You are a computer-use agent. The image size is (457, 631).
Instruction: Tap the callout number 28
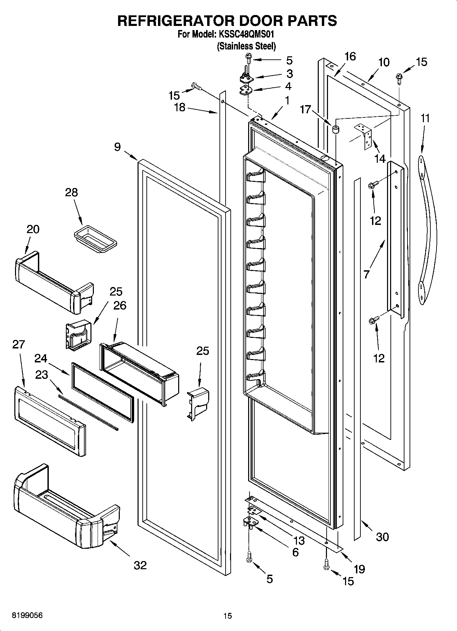pos(71,192)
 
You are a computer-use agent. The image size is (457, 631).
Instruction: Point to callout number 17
pos(306,110)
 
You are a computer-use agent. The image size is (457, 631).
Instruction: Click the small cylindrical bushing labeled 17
pos(335,130)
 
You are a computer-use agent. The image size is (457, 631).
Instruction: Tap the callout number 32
pos(140,565)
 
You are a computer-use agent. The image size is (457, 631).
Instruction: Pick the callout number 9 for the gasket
pos(117,147)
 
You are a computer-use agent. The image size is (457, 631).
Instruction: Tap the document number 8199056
pos(27,616)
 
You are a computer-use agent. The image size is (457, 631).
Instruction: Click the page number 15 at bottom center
pos(228,616)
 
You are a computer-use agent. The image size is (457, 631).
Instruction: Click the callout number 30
pos(382,537)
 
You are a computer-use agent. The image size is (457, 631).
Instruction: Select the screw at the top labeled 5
pos(248,60)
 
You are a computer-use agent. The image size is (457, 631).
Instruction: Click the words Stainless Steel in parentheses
pos(246,46)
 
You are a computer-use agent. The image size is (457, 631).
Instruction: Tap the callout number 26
pos(120,305)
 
